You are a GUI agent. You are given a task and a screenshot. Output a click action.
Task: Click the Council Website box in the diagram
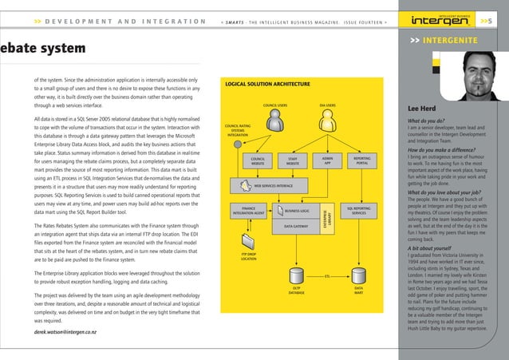[258, 161]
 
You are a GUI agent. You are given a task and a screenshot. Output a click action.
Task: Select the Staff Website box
[293, 161]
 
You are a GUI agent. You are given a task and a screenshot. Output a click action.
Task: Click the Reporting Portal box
[361, 160]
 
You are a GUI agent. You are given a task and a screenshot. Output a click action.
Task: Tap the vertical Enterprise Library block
[326, 218]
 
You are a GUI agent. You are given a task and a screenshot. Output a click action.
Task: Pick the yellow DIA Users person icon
[327, 121]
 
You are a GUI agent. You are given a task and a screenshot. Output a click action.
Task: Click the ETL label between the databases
[327, 277]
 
